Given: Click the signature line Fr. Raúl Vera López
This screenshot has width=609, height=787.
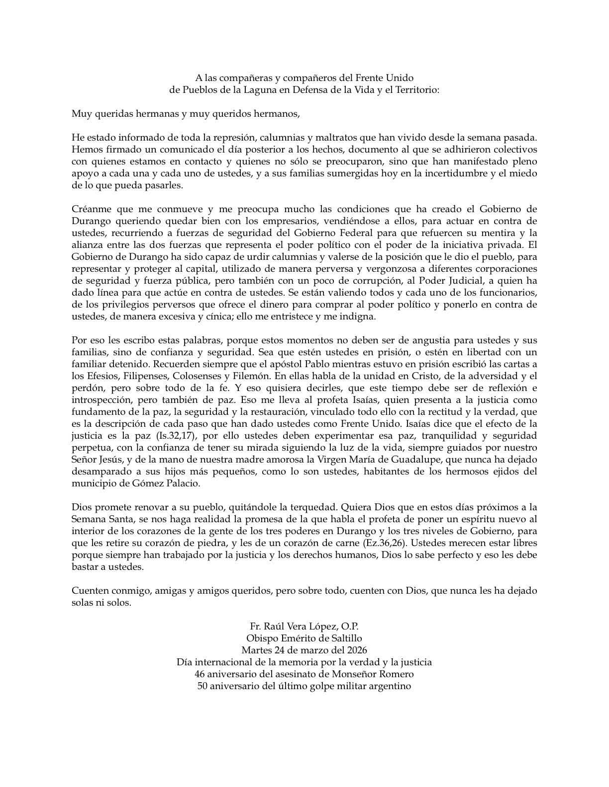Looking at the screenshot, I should [304, 626].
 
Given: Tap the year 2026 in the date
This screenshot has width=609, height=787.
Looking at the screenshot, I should [356, 650].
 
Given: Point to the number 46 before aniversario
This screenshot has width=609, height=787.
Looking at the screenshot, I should [201, 674].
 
